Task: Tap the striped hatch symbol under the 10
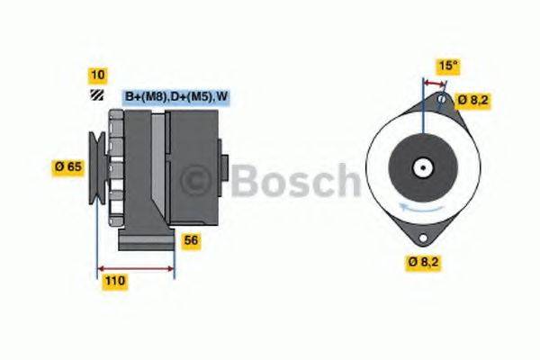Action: tap(95, 96)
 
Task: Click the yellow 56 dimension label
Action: tap(191, 240)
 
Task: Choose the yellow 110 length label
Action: tap(114, 281)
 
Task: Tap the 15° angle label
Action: tap(448, 66)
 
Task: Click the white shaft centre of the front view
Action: tap(421, 167)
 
